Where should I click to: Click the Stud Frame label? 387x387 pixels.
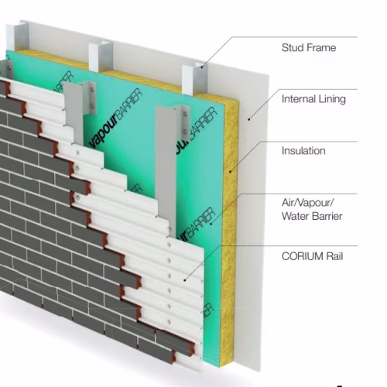coord(309,48)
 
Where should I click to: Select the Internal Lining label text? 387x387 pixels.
coord(313,99)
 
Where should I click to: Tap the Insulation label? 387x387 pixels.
coord(303,151)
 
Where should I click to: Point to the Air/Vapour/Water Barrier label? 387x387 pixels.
coord(312,210)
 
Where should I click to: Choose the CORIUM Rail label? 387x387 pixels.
coord(312,256)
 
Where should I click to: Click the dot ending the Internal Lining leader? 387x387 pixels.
coord(249,119)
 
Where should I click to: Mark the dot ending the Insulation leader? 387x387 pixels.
coord(230,171)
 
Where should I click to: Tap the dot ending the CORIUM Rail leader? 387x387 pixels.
coord(185,280)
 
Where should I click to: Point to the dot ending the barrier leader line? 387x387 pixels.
coord(211,224)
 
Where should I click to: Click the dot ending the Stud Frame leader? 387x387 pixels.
coord(202,67)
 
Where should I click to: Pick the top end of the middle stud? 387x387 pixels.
coord(101,45)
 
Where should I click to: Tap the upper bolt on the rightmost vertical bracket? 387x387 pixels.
coord(185,114)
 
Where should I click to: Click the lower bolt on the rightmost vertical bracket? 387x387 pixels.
coord(185,131)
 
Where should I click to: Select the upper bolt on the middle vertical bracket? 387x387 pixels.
coord(92,90)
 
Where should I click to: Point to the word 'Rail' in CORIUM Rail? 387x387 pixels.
coord(334,256)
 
